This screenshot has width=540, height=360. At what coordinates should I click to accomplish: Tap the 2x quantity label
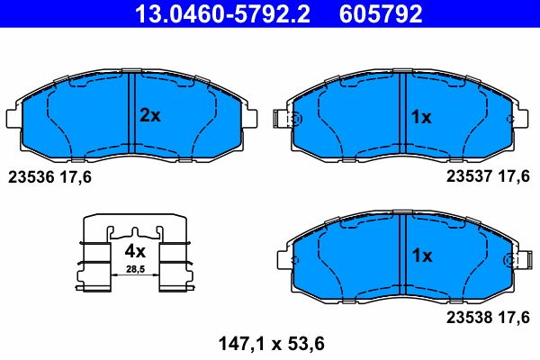[149, 115]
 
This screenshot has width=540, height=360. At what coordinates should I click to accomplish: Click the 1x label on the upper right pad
[420, 116]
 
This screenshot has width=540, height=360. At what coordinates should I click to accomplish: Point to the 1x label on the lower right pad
[420, 256]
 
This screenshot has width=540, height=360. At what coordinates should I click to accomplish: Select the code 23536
[29, 177]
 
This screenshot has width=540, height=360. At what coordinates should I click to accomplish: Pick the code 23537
[468, 177]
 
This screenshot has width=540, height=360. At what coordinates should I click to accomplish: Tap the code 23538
[468, 317]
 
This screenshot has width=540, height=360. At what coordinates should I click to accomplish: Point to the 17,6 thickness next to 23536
[76, 177]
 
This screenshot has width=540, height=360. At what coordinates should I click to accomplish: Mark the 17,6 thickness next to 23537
[514, 177]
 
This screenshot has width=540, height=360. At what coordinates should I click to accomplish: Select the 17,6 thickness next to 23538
[514, 317]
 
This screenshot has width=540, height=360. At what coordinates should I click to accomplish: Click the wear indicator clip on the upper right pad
[286, 119]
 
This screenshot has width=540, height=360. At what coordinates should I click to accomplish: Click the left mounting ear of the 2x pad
[13, 118]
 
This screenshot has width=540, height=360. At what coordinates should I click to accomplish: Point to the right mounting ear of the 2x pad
[251, 118]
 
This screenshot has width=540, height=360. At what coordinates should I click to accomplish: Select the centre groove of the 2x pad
[131, 112]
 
